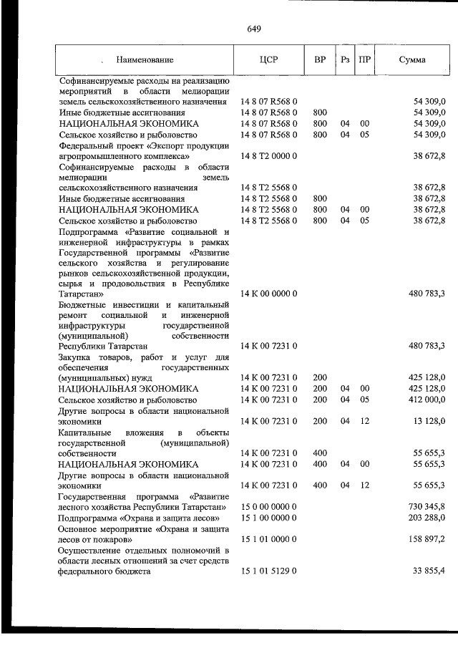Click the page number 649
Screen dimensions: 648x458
(x=253, y=29)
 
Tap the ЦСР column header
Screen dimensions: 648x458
(x=268, y=60)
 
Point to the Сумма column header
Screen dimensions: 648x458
(x=411, y=60)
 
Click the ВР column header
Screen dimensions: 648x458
(x=319, y=60)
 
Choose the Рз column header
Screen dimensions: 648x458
(x=345, y=60)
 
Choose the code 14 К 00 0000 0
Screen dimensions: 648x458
(x=268, y=293)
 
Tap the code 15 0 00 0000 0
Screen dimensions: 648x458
(x=268, y=507)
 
